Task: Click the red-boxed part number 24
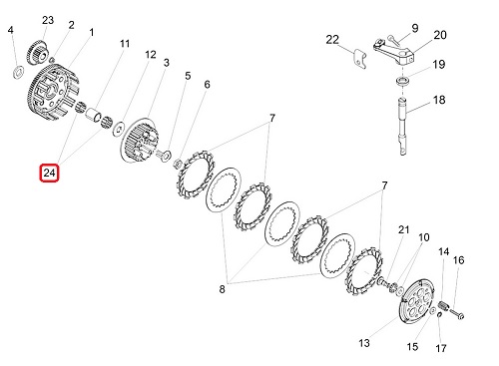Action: pos(49,173)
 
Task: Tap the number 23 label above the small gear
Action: pos(48,20)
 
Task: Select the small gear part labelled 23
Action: pos(38,53)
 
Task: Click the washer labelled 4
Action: pos(18,72)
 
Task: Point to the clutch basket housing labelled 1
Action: pos(53,91)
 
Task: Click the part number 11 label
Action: pos(125,44)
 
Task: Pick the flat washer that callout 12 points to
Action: pos(119,129)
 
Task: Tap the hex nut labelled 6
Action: pos(178,163)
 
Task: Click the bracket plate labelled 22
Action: pos(359,59)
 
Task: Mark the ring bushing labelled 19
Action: pos(402,80)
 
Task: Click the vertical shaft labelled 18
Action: pos(403,126)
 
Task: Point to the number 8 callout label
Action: pos(222,289)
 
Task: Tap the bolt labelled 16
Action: pos(457,313)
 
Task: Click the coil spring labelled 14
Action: pos(443,304)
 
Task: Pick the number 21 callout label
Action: pos(403,229)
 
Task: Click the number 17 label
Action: pos(440,348)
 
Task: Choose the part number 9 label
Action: pos(415,28)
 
